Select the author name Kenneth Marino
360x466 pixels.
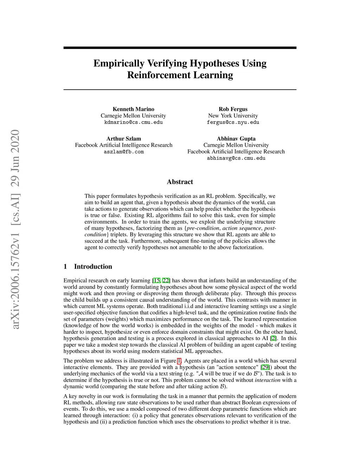[x=133, y=109]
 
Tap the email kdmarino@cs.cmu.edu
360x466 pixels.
[x=133, y=122]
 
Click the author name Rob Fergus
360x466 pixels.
[x=233, y=109]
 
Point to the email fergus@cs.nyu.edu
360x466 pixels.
[x=233, y=122]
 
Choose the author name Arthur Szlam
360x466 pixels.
[x=123, y=139]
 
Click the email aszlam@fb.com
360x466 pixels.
[x=123, y=152]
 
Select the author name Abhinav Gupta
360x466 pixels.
[x=236, y=139]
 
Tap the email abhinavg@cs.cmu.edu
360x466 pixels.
[x=236, y=158]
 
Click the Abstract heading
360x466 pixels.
[x=180, y=182]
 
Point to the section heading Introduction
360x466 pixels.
[x=93, y=267]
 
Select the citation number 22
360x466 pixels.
[x=166, y=281]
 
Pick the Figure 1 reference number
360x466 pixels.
[x=179, y=361]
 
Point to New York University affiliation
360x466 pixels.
[x=233, y=116]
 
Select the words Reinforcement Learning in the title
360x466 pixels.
[x=180, y=75]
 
